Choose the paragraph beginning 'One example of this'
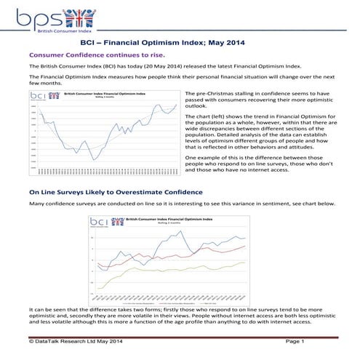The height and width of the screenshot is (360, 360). (259, 168)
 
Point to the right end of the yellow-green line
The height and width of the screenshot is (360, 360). (245, 262)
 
